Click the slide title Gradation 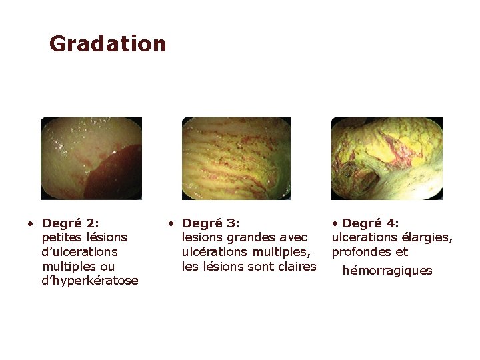coord(107,44)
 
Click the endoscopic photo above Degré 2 coord(91,159)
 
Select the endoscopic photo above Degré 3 coord(236,159)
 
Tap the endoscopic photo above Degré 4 coord(387,159)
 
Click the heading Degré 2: coord(70,223)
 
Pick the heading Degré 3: coord(211,223)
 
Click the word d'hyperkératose coord(90,281)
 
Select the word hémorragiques coord(387,271)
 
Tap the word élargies coord(429,237)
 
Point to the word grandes coord(246,237)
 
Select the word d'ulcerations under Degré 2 coord(79,252)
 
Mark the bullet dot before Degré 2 coord(30,223)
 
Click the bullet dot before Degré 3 coord(171,223)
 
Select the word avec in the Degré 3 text coord(294,237)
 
